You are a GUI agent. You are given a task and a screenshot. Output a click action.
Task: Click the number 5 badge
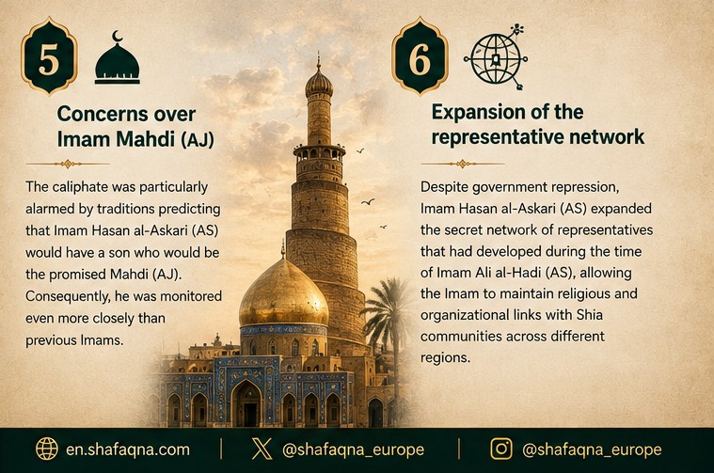click(49, 57)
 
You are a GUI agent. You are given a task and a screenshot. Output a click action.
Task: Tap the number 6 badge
click(420, 57)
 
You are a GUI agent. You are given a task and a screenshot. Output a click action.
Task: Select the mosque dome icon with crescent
click(118, 57)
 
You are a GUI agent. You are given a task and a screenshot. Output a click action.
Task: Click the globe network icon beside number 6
click(496, 57)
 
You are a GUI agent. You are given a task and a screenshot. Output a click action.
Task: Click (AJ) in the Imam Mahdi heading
click(198, 139)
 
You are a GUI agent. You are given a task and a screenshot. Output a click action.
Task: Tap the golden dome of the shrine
click(284, 293)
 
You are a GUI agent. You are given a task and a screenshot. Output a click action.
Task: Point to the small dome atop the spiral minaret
click(319, 84)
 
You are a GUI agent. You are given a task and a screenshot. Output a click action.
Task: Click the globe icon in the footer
click(47, 449)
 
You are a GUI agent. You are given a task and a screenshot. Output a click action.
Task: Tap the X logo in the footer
click(262, 449)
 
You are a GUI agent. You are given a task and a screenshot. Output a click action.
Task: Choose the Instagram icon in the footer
click(501, 449)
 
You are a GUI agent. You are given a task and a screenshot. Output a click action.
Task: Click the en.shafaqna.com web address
click(128, 449)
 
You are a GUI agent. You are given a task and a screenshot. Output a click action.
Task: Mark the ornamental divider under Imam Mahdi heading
click(68, 164)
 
